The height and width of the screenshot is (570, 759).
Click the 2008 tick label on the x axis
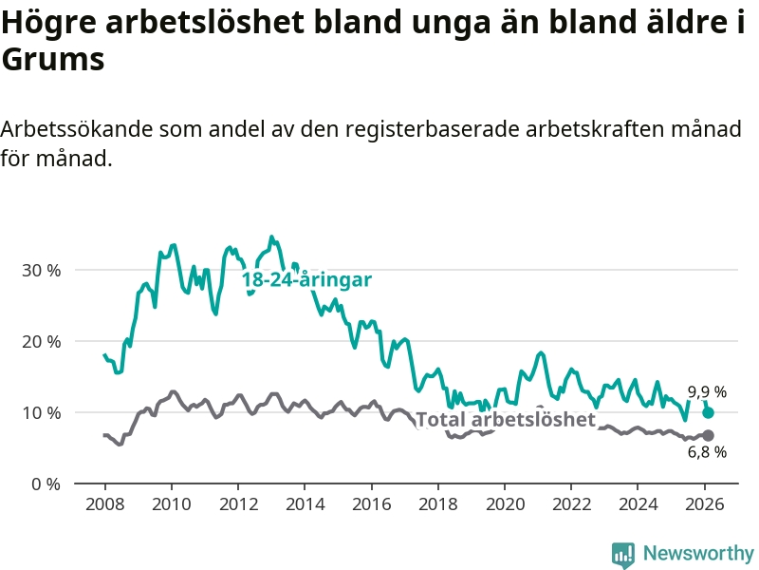pyautogui.click(x=104, y=503)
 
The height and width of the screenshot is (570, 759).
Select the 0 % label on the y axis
pyautogui.click(x=46, y=484)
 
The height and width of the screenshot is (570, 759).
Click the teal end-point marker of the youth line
pyautogui.click(x=708, y=412)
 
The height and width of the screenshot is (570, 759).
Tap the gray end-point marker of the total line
pyautogui.click(x=708, y=435)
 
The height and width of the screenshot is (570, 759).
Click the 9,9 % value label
pyautogui.click(x=707, y=391)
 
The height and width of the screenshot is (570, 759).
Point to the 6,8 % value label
pyautogui.click(x=707, y=452)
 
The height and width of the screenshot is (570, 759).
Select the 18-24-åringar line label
pyautogui.click(x=305, y=280)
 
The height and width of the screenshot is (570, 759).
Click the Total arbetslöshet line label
pyautogui.click(x=506, y=420)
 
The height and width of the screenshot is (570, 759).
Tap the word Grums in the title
pyautogui.click(x=52, y=61)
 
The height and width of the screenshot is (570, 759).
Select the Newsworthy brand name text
pyautogui.click(x=698, y=554)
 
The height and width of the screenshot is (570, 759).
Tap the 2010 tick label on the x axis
pyautogui.click(x=171, y=503)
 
